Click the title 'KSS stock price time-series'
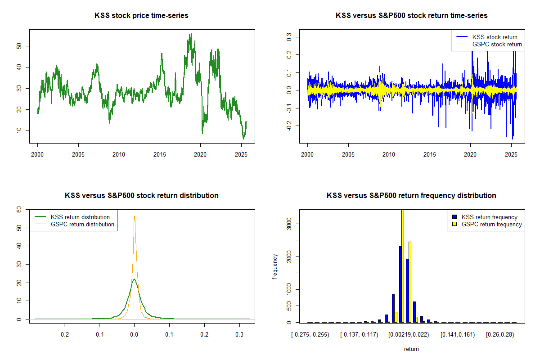(141, 16)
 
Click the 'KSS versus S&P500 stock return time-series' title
(411, 16)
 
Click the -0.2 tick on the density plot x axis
(64, 335)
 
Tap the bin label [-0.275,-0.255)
(310, 335)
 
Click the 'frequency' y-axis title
(275, 266)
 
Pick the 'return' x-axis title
(411, 349)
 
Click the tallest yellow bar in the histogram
(403, 265)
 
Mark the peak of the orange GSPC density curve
(134, 216)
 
